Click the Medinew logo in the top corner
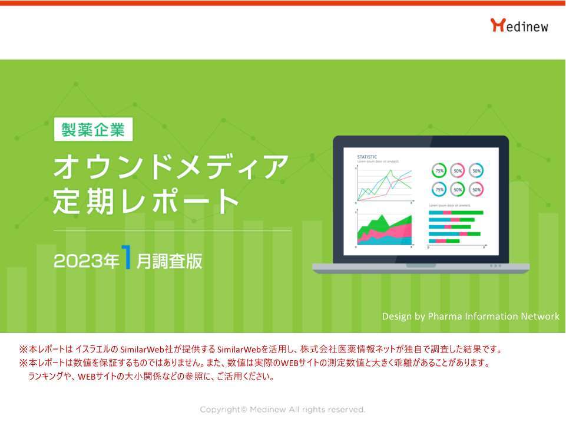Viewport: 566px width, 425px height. (x=519, y=25)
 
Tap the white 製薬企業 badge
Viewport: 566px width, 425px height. (x=93, y=130)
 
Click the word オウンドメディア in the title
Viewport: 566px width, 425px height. (x=171, y=167)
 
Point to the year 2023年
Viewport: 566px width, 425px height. (x=86, y=261)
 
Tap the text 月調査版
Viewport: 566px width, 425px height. (x=169, y=262)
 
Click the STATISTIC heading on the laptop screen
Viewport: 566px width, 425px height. (x=368, y=157)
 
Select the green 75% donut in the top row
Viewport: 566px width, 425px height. (x=439, y=171)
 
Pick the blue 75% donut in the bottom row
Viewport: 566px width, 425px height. (x=439, y=189)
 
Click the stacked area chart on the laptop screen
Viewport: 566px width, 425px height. (x=385, y=230)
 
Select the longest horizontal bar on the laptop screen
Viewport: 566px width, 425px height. (x=456, y=212)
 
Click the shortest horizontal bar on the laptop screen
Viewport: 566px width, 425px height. (x=444, y=240)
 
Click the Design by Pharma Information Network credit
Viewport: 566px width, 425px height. (x=470, y=317)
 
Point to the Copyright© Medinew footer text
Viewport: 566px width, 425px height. (x=283, y=409)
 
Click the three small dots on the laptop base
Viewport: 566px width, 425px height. (x=495, y=266)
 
